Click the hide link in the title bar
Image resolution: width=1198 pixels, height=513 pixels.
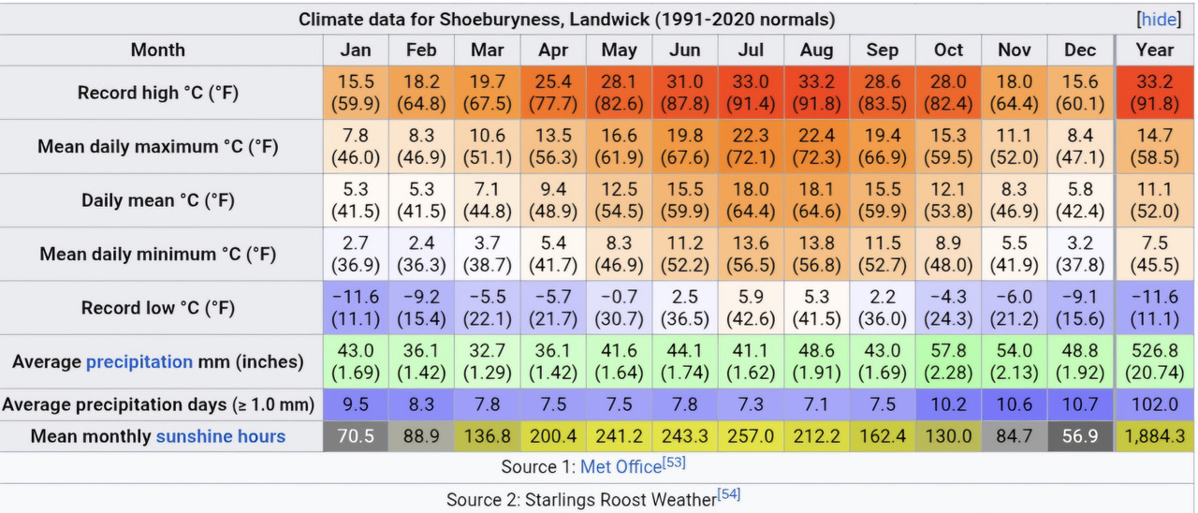coord(1159,20)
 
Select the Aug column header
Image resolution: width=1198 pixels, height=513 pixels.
coord(817,51)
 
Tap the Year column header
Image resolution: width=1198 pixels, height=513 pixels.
coord(1155,51)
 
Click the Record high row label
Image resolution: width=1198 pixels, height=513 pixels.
coord(158,93)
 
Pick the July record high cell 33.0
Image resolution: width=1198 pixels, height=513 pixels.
coord(751,93)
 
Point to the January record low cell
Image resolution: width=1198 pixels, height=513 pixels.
coord(356,308)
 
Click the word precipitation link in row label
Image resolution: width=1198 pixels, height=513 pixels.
coord(139,362)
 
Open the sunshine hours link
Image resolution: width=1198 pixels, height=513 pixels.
coord(220,436)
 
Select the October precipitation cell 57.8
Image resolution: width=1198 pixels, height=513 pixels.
coord(948,361)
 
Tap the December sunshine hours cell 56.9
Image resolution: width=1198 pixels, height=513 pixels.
coord(1080,436)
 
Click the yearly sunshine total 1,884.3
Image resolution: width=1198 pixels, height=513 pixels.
coord(1155,436)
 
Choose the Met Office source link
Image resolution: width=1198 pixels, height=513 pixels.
coord(621,467)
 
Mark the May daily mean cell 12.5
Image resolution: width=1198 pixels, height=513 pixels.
coord(619,200)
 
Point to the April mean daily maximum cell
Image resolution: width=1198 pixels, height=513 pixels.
coord(553,147)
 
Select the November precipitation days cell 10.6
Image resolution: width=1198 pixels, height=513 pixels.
coord(1014,404)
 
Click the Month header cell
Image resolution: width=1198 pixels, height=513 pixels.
coord(158,51)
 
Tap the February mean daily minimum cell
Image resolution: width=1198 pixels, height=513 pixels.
coord(421,254)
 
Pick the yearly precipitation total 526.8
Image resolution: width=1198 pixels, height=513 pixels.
coord(1155,361)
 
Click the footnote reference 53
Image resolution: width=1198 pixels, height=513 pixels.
coord(674,462)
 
